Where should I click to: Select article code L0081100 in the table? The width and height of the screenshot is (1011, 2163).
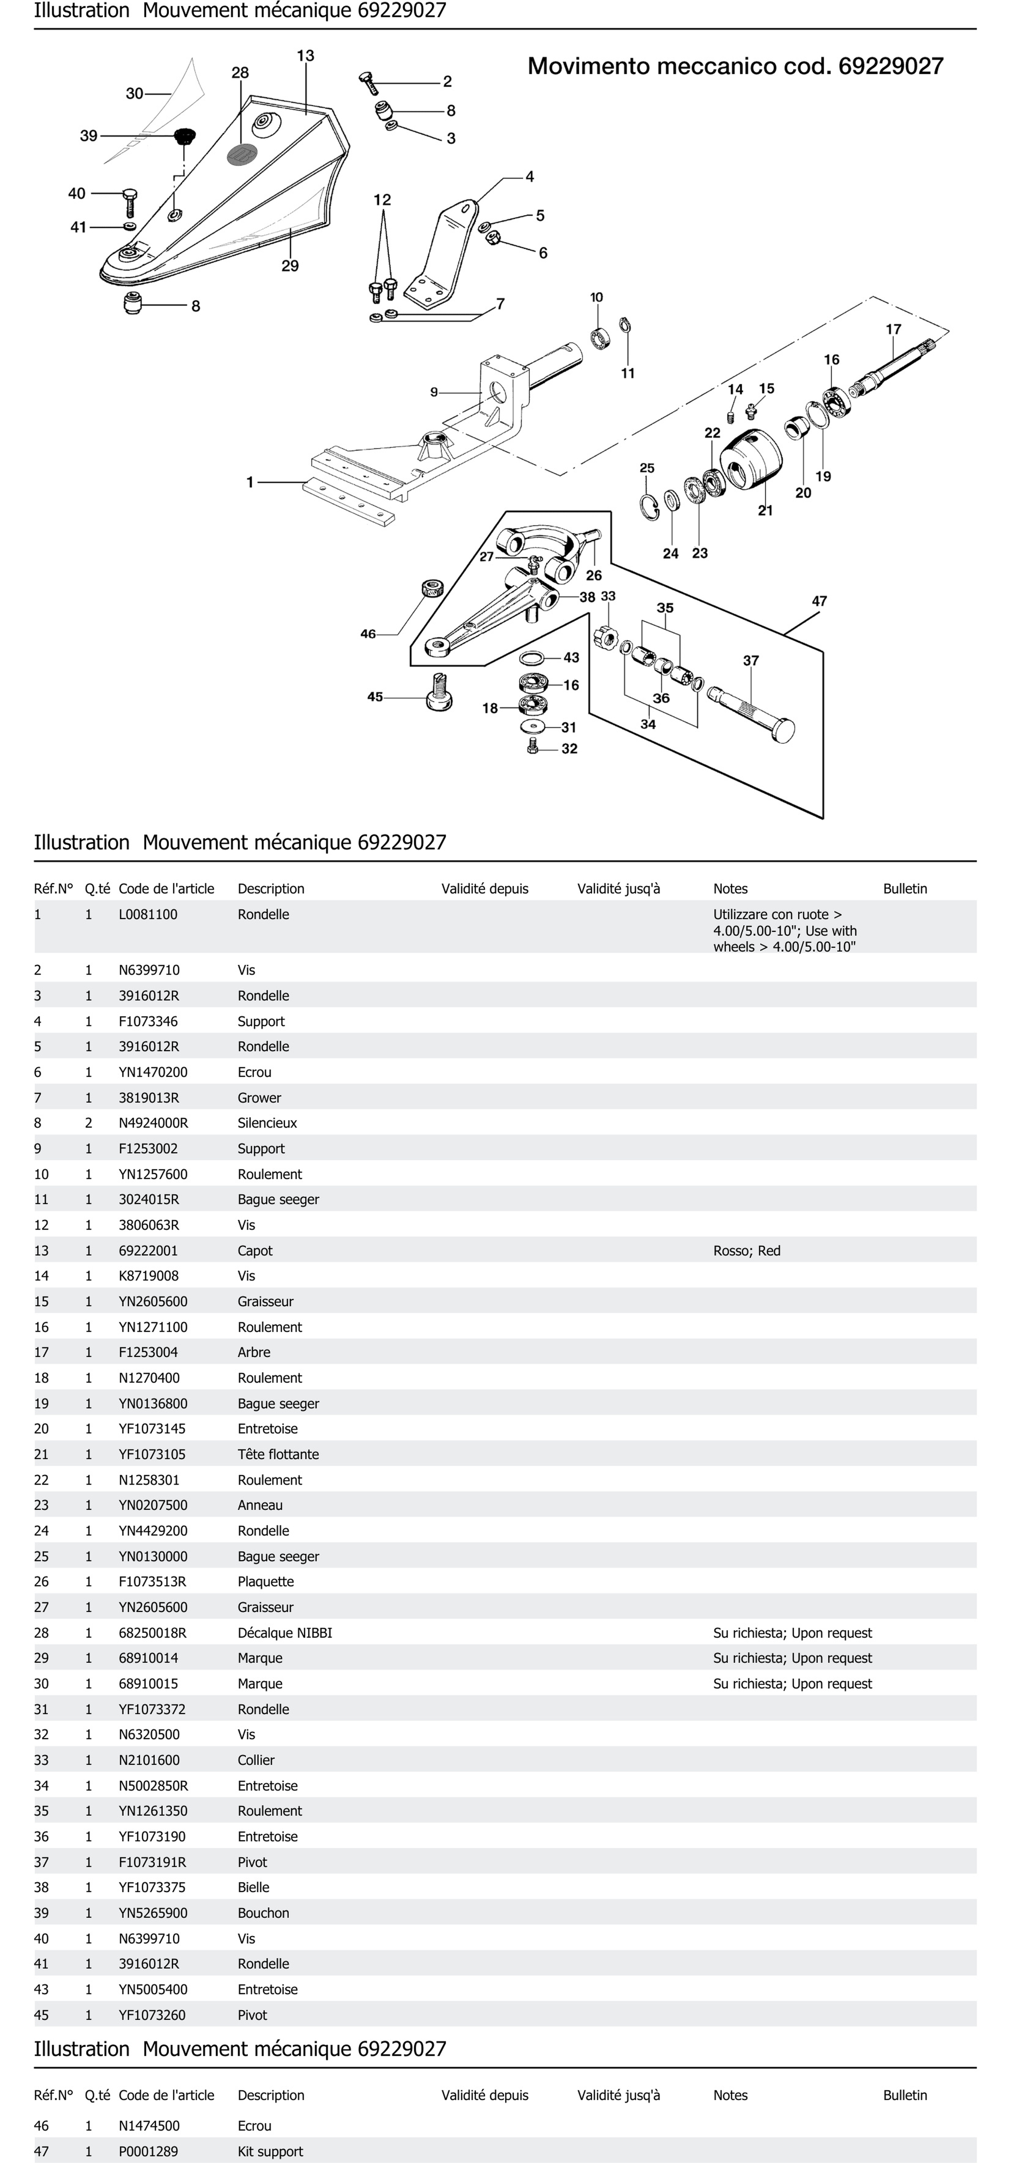148,915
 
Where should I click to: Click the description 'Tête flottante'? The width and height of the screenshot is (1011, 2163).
278,1454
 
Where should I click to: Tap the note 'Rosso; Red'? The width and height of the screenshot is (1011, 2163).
746,1250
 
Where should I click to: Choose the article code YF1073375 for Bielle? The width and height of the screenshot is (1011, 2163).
152,1887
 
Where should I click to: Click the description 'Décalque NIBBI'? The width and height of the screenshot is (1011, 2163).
285,1632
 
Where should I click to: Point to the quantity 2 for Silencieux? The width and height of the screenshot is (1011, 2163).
88,1123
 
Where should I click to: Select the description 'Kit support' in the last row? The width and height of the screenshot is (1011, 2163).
270,2151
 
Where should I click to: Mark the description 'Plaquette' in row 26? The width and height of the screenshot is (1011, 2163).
265,1581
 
